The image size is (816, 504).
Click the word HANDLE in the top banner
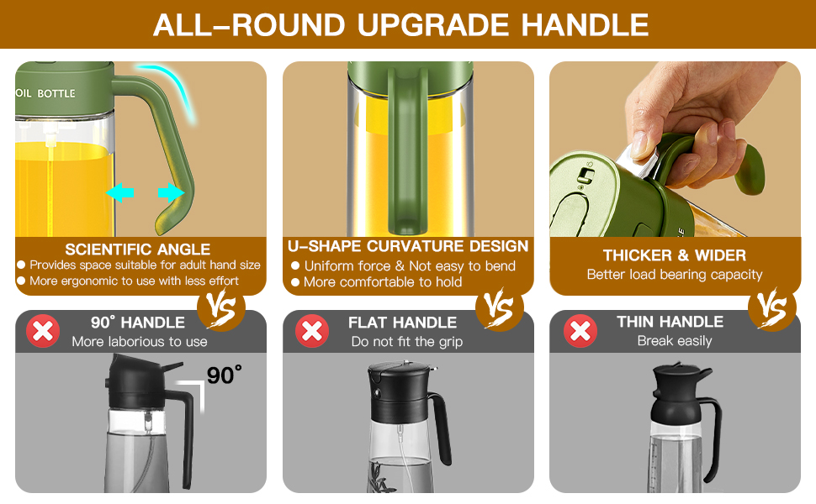(x=585, y=24)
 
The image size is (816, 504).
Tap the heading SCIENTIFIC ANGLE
(x=138, y=249)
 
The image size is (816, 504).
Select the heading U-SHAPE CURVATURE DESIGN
(x=408, y=246)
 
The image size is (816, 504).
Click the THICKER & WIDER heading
(x=674, y=255)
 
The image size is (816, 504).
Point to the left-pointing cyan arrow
(x=120, y=193)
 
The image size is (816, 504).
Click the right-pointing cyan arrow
(x=171, y=193)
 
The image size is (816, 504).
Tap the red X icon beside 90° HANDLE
(x=43, y=331)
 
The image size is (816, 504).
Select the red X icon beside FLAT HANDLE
(x=311, y=331)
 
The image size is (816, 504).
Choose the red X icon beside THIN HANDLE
(x=580, y=331)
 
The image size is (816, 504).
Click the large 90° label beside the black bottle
(x=224, y=375)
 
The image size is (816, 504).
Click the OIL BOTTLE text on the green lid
(x=46, y=93)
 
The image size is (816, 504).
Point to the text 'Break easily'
(x=674, y=341)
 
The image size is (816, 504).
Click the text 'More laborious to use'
(x=140, y=341)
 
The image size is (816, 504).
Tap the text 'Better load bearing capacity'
(x=674, y=275)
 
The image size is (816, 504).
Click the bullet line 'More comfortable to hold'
(x=383, y=282)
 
